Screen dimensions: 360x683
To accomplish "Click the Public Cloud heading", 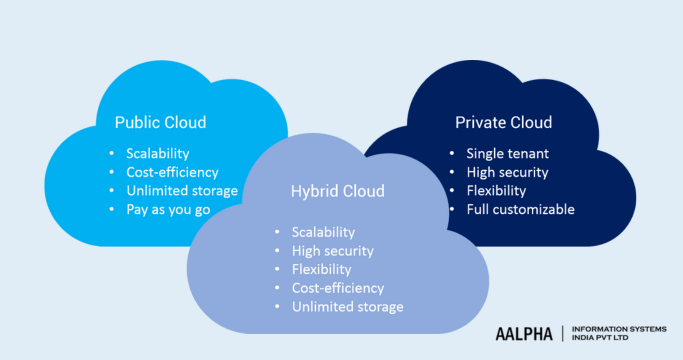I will point(160,123).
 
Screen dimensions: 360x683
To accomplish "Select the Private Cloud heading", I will point(503,123).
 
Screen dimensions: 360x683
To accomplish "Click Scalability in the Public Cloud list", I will point(157,153).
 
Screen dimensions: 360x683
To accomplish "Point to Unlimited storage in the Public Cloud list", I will point(181,190).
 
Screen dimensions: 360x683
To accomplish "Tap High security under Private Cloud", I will point(507,172).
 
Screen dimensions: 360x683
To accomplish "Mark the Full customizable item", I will point(520,209).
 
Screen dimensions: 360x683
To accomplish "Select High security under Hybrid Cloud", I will point(332,251).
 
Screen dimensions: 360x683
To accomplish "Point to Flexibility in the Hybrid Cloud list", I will point(321,269).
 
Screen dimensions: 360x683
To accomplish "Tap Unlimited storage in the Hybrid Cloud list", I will point(347,306).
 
